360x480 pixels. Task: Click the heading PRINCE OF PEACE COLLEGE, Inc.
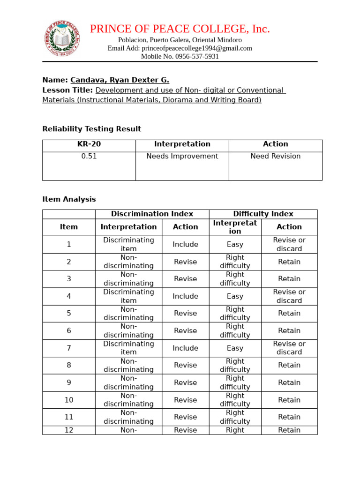pyautogui.click(x=180, y=29)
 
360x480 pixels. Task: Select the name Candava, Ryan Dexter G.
pyautogui.click(x=120, y=80)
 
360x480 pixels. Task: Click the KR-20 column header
pyautogui.click(x=89, y=144)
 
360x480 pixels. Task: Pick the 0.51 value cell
pyautogui.click(x=89, y=157)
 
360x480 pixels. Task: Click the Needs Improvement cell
pyautogui.click(x=182, y=157)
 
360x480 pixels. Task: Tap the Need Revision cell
pyautogui.click(x=276, y=157)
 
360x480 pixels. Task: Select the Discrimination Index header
pyautogui.click(x=152, y=214)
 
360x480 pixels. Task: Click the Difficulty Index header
pyautogui.click(x=263, y=214)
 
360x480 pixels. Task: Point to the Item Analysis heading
pyautogui.click(x=69, y=199)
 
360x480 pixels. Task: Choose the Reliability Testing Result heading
pyautogui.click(x=91, y=129)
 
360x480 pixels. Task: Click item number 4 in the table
pyautogui.click(x=69, y=296)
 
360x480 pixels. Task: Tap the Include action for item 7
pyautogui.click(x=186, y=348)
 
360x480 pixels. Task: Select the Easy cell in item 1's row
pyautogui.click(x=235, y=244)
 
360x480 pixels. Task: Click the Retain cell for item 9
pyautogui.click(x=289, y=382)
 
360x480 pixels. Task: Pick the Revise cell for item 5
pyautogui.click(x=186, y=314)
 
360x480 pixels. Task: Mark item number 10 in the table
pyautogui.click(x=69, y=400)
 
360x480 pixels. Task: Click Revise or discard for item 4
pyautogui.click(x=289, y=296)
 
